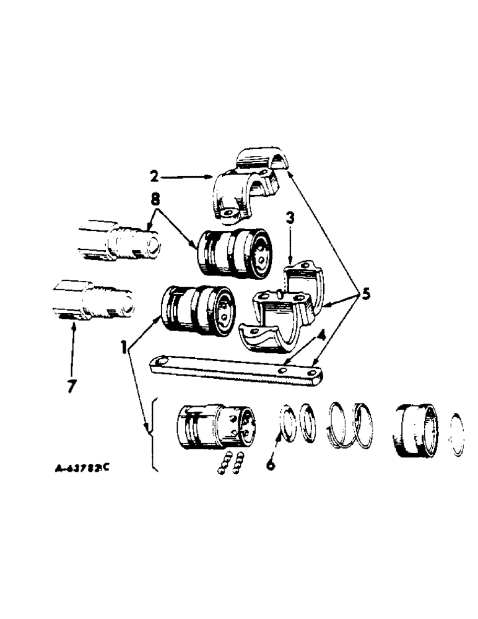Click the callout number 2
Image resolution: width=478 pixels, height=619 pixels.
tap(154, 176)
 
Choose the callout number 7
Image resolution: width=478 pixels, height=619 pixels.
tap(71, 386)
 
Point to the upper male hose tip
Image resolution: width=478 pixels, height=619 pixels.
tap(118, 239)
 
